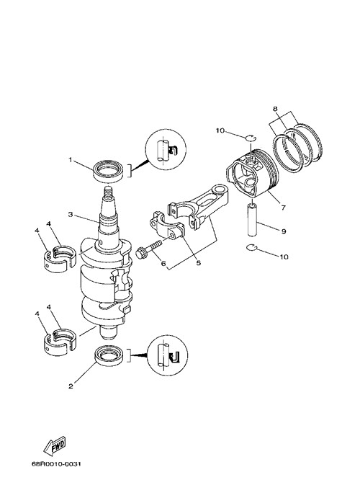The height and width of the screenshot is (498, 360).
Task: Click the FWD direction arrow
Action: (55, 445)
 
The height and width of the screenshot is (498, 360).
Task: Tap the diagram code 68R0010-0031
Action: (56, 464)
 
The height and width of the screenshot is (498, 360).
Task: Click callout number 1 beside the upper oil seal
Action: (71, 160)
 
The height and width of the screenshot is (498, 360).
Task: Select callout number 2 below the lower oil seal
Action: (71, 386)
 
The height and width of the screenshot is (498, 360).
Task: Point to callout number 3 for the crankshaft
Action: (71, 215)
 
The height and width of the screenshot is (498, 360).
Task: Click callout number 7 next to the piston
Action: (283, 208)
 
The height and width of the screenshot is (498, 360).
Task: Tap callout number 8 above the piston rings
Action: (275, 109)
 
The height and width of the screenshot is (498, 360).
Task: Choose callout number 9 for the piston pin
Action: (284, 231)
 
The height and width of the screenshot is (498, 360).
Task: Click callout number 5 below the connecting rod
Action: (199, 262)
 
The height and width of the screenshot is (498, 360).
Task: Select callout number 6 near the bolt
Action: (163, 263)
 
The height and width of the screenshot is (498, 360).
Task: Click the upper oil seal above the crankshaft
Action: (108, 172)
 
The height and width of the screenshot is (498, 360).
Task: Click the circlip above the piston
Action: (251, 138)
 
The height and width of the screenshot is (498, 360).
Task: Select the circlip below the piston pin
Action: (251, 248)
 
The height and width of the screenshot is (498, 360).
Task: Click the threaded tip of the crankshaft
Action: (109, 192)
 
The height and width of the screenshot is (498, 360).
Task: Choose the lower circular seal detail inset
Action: (168, 355)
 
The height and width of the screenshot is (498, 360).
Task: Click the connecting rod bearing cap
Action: (167, 225)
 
